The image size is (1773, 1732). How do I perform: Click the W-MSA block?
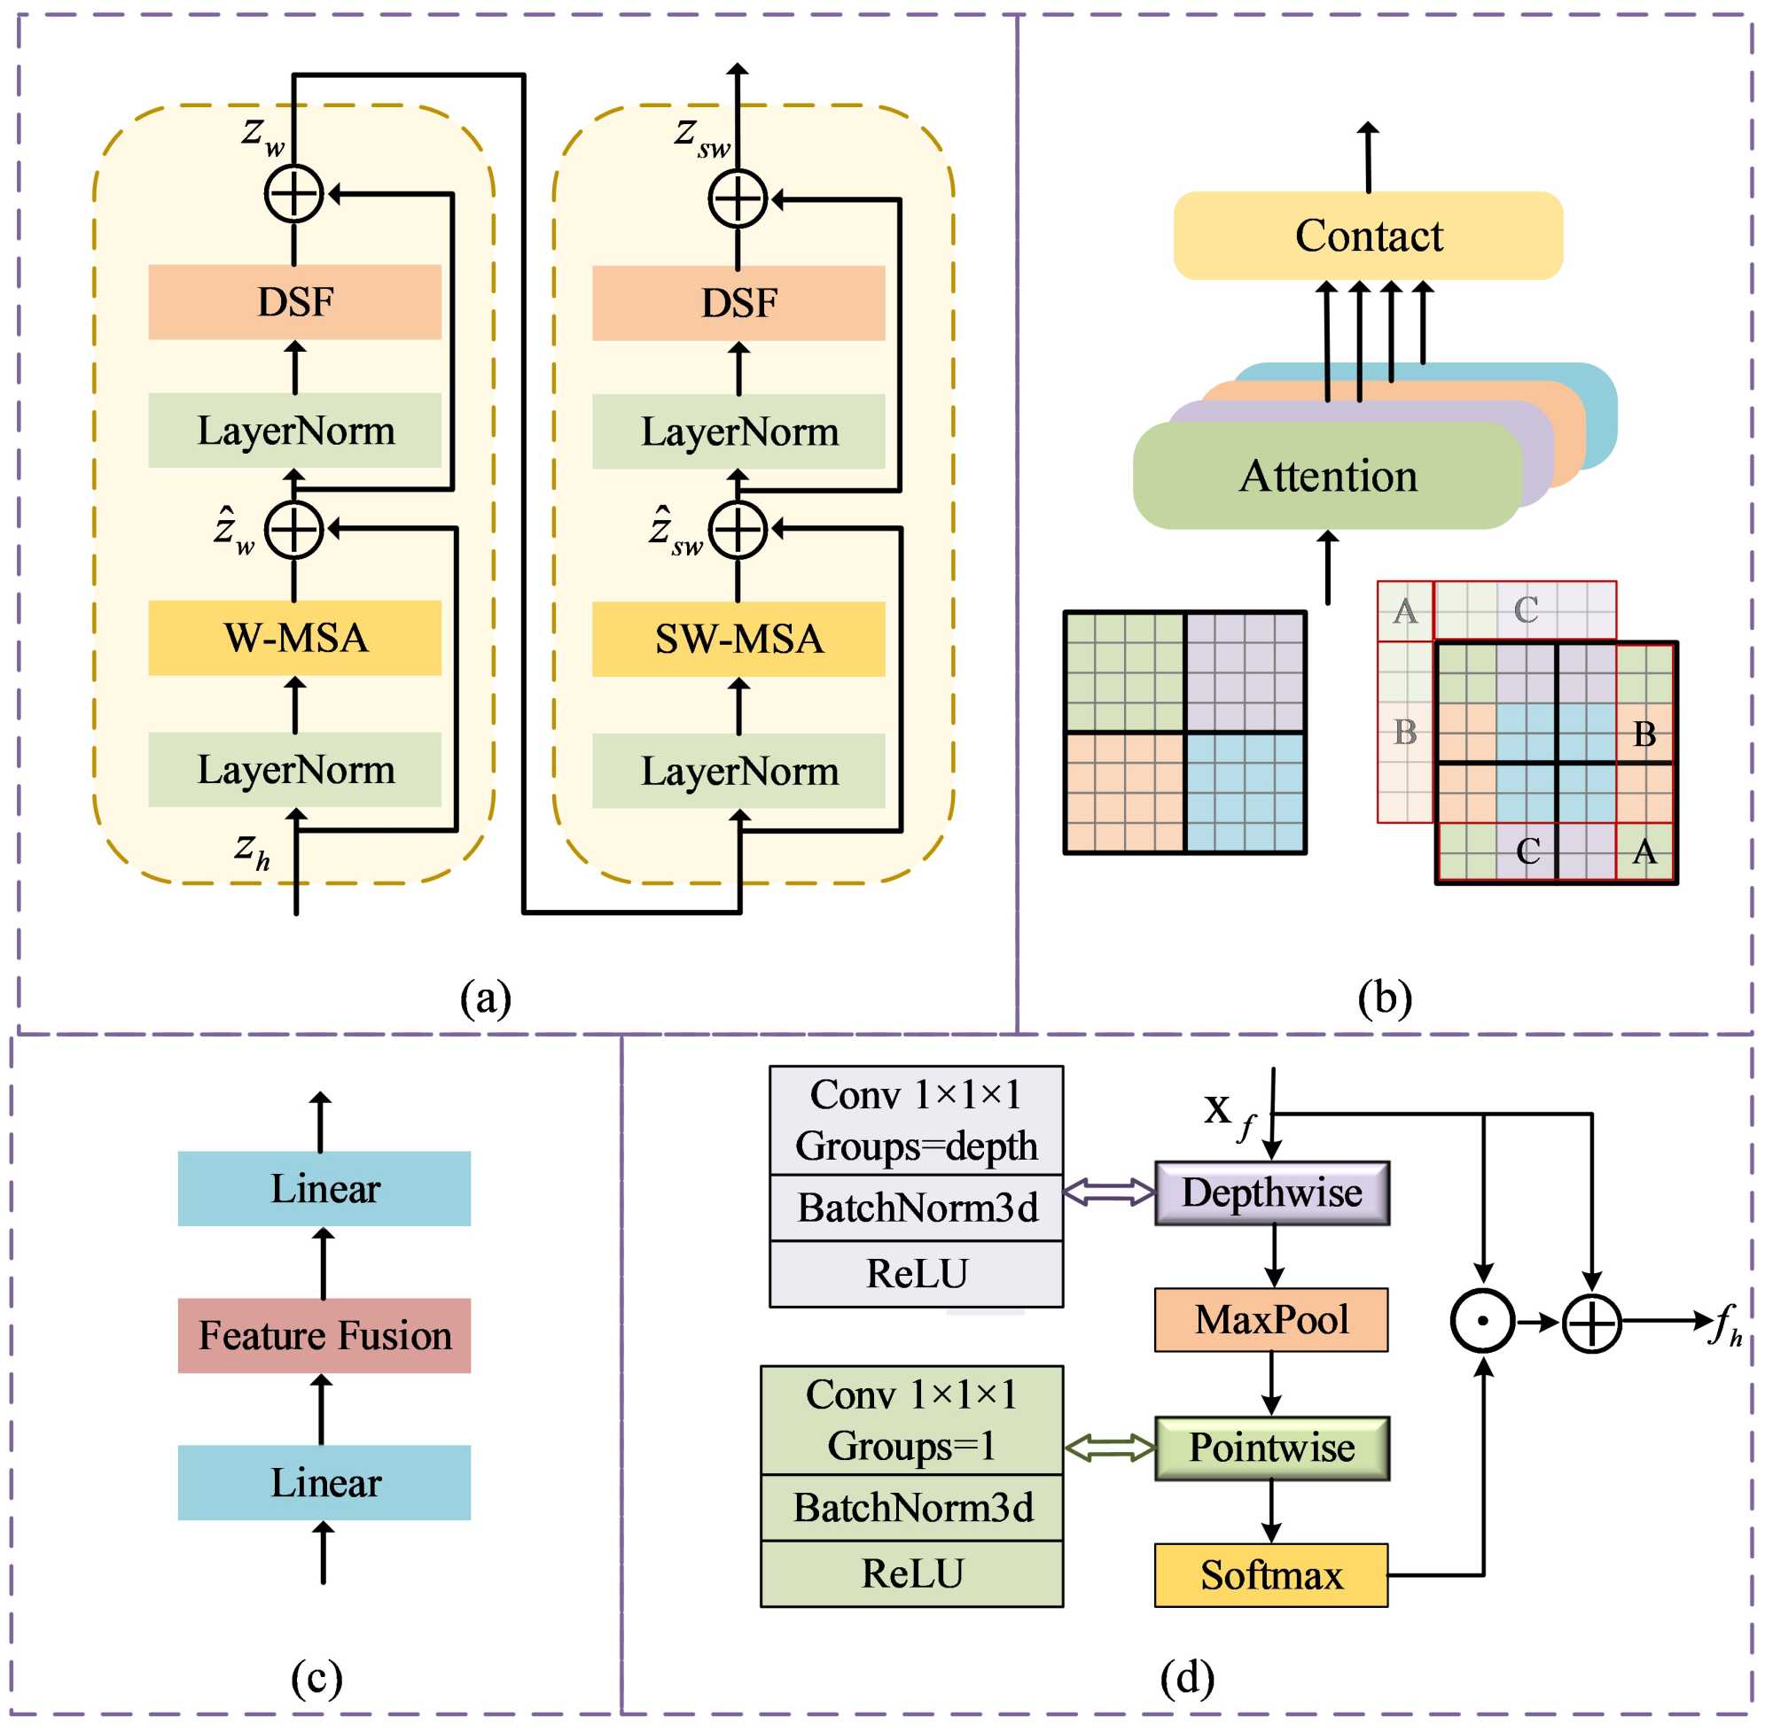295,639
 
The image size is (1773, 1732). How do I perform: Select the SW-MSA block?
738,640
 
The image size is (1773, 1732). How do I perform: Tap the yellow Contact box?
1368,236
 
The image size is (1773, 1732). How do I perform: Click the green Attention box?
1328,476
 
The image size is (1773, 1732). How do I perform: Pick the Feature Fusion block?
324,1335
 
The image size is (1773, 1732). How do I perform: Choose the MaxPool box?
1271,1320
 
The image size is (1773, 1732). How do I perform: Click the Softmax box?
1271,1574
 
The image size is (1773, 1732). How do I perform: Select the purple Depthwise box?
1271,1192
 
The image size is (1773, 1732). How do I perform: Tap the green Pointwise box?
1271,1448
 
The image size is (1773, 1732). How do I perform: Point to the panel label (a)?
485,998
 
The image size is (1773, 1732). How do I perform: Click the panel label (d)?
1187,1676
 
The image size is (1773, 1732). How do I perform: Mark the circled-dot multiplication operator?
1482,1321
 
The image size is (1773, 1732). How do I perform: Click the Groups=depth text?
917,1146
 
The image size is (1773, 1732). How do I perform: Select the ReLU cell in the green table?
912,1573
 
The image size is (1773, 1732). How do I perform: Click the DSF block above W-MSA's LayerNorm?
295,302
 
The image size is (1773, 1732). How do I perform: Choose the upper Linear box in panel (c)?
324,1189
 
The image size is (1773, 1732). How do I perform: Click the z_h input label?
252,850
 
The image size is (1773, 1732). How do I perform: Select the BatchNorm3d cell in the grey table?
917,1208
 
